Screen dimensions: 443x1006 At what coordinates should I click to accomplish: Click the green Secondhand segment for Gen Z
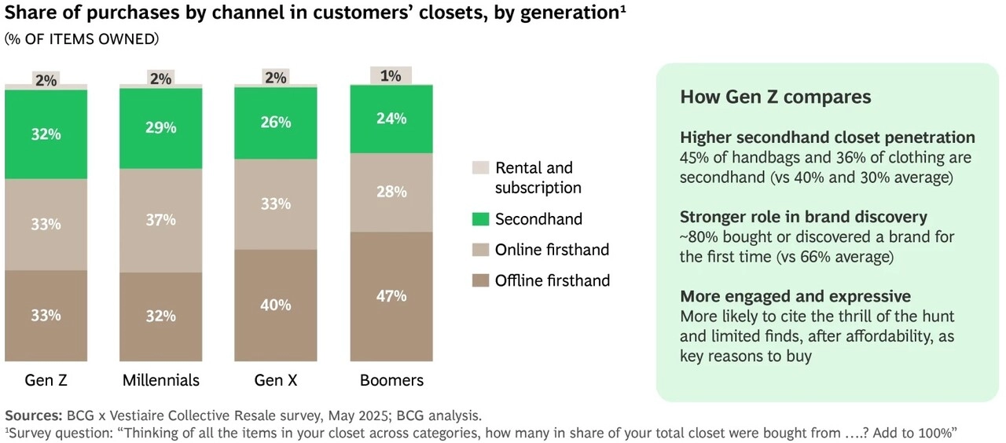tap(46, 134)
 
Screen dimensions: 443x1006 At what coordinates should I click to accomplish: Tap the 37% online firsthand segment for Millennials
tap(161, 220)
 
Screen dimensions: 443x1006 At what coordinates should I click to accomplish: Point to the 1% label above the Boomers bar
tap(391, 76)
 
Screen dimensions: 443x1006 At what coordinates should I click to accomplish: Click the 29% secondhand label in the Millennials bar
tap(161, 126)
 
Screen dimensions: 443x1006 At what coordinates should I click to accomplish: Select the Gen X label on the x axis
tap(275, 380)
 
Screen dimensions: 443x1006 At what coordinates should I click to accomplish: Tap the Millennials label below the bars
tap(161, 380)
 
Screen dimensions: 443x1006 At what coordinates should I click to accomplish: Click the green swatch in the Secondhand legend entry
tap(480, 219)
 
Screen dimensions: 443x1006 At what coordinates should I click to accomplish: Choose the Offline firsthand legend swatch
tap(480, 280)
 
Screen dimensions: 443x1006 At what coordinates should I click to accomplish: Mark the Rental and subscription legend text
tap(538, 178)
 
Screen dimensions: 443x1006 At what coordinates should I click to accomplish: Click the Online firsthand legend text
tap(552, 250)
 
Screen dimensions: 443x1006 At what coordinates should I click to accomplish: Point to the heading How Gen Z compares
tap(775, 97)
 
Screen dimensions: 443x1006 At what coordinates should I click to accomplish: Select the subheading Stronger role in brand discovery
tap(803, 217)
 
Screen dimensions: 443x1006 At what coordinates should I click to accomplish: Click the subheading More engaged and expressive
tap(795, 296)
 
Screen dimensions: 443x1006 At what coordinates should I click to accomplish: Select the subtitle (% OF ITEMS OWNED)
tap(82, 38)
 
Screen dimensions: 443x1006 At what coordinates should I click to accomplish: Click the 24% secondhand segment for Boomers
tap(391, 119)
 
